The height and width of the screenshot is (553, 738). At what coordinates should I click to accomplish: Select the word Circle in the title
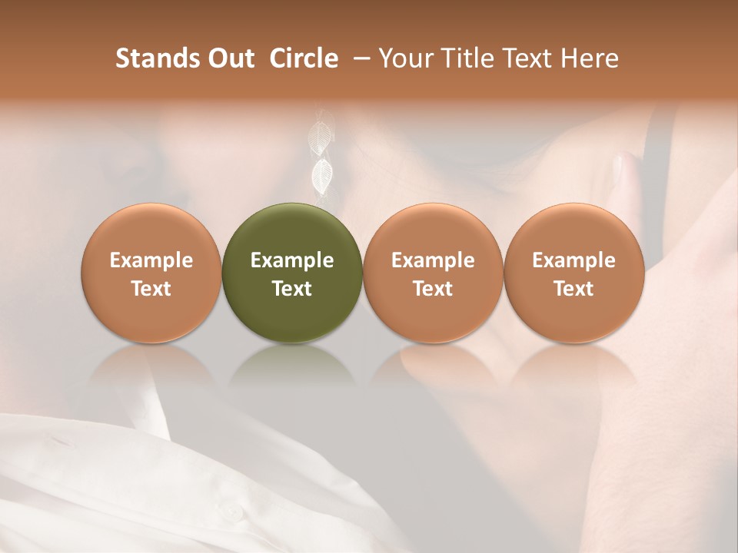(x=304, y=58)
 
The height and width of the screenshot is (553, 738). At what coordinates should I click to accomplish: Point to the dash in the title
(x=359, y=58)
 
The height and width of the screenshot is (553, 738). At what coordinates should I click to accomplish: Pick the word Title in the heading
(x=468, y=58)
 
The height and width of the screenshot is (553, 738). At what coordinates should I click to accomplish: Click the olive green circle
(x=291, y=273)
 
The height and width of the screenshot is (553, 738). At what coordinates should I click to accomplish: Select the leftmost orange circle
(x=151, y=273)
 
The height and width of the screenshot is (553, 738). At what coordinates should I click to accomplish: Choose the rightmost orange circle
(x=573, y=273)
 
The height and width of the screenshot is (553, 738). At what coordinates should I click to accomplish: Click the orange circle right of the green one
(x=433, y=273)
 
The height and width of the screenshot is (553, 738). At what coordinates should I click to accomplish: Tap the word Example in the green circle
(x=291, y=260)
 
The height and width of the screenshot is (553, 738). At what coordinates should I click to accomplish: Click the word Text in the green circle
(x=291, y=289)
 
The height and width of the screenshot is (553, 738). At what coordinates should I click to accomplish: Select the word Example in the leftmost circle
(x=151, y=260)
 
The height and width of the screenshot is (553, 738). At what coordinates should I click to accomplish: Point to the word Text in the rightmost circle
(x=573, y=289)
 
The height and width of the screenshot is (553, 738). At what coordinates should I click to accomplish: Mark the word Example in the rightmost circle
(x=573, y=260)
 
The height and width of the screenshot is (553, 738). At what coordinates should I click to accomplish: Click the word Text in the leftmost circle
(x=151, y=289)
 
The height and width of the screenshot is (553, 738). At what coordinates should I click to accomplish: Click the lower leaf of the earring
(x=321, y=176)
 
